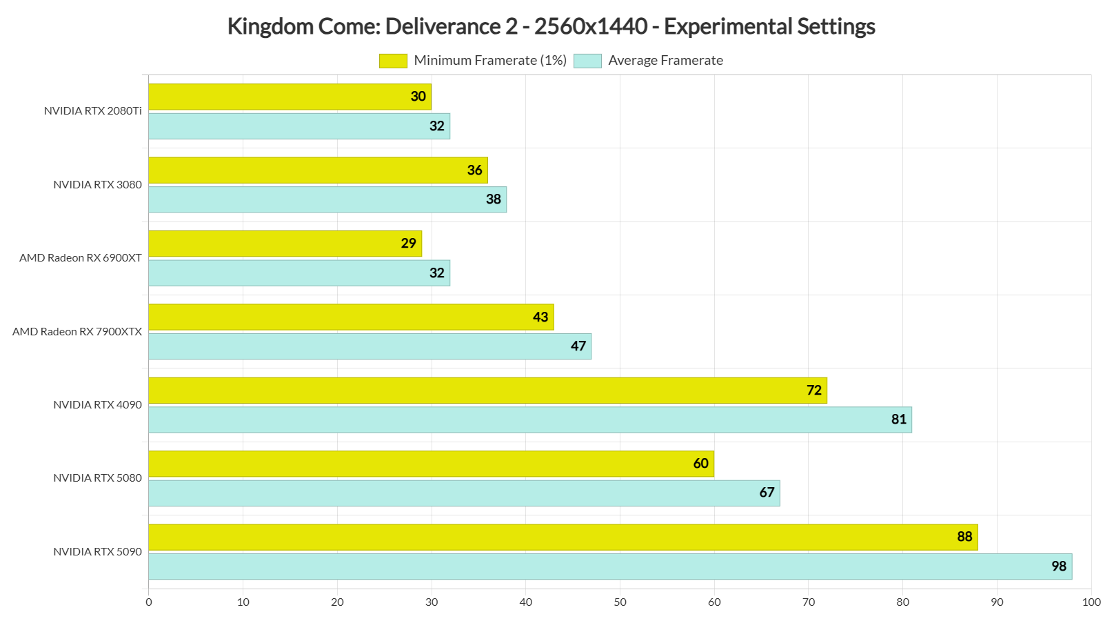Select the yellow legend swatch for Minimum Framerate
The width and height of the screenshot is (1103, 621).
[393, 61]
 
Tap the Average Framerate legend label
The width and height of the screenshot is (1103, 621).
[665, 61]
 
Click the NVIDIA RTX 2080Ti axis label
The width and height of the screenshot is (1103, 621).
[93, 111]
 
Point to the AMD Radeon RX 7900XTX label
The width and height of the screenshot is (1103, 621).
[77, 332]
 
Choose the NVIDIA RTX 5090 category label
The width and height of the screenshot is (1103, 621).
[97, 552]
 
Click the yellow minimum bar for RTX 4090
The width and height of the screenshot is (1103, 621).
[483, 391]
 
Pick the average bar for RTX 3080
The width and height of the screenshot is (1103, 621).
[324, 199]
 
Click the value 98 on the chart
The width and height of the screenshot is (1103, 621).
[1059, 566]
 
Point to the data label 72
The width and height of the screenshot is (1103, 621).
[814, 391]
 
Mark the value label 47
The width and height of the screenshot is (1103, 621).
[578, 346]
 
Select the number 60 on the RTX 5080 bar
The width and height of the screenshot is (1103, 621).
[701, 464]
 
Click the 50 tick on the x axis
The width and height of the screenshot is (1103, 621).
[620, 602]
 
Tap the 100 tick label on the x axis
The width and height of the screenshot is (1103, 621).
[1091, 602]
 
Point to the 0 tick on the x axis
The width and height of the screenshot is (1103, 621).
[149, 602]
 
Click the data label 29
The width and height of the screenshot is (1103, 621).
[409, 244]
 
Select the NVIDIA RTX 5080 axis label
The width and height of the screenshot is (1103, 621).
[97, 478]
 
